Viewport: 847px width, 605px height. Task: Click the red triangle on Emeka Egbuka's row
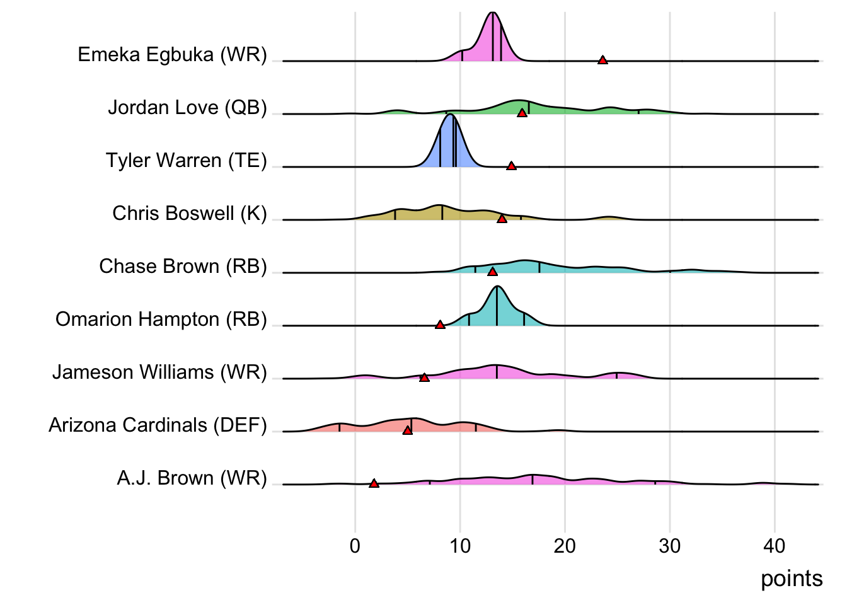(x=602, y=60)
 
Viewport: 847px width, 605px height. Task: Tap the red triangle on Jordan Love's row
(x=522, y=113)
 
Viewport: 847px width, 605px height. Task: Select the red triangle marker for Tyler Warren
(x=511, y=166)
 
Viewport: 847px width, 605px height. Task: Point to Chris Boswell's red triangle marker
(x=502, y=219)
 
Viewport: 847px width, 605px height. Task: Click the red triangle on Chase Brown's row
(x=492, y=272)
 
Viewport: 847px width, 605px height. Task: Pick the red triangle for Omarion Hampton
(x=440, y=325)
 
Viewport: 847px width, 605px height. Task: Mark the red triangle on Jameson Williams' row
(x=424, y=377)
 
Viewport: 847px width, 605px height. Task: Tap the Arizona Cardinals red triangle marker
(x=407, y=430)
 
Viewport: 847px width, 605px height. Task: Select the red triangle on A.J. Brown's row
(x=374, y=483)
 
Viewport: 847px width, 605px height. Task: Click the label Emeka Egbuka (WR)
(x=172, y=55)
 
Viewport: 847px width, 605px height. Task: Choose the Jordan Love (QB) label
(x=187, y=108)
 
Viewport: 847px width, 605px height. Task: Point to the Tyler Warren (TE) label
(x=186, y=161)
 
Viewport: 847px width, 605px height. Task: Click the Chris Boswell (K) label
(x=190, y=214)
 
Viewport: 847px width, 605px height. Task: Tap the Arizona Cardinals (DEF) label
(x=158, y=425)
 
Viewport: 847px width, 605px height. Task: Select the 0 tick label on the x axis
(x=355, y=546)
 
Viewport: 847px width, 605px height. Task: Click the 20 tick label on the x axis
(x=565, y=546)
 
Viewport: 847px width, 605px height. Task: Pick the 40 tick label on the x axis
(x=775, y=546)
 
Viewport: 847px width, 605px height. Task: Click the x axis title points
(x=792, y=579)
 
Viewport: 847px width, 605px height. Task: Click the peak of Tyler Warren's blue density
(x=451, y=115)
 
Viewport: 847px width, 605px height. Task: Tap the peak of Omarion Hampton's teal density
(x=497, y=287)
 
